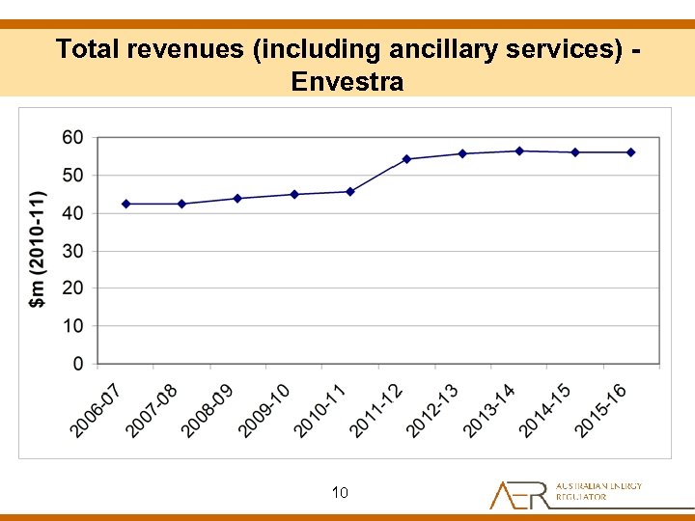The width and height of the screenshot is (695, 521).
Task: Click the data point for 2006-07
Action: click(126, 204)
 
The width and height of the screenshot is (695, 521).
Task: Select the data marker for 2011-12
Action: click(406, 159)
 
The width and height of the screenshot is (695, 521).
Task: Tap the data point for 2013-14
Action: click(519, 151)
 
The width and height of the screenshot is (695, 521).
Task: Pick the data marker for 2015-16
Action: click(631, 152)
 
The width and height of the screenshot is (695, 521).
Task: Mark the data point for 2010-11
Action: click(350, 191)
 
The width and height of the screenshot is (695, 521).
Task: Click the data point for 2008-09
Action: click(237, 198)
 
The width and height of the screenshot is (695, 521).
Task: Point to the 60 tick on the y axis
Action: click(73, 138)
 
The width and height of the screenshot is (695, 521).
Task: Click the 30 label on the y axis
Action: click(73, 251)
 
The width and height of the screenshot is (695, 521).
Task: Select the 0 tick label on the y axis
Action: click(78, 364)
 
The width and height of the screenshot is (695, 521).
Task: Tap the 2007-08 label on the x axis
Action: click(152, 410)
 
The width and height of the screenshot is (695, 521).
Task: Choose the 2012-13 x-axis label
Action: click(432, 410)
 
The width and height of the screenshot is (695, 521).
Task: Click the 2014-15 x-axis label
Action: click(544, 410)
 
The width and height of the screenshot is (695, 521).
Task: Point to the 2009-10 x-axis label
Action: click(264, 410)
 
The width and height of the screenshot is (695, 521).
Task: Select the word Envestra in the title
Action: click(347, 81)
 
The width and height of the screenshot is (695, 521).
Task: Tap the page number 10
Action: click(340, 493)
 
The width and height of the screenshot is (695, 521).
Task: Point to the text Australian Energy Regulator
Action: click(598, 491)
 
